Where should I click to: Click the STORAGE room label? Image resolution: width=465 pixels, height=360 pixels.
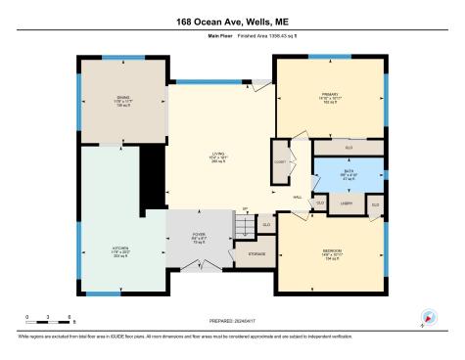256,254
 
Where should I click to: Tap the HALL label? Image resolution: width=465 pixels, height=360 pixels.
299,197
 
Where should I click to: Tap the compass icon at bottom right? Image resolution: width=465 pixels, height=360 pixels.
427,318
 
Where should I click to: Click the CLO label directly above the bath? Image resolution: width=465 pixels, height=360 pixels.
349,147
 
